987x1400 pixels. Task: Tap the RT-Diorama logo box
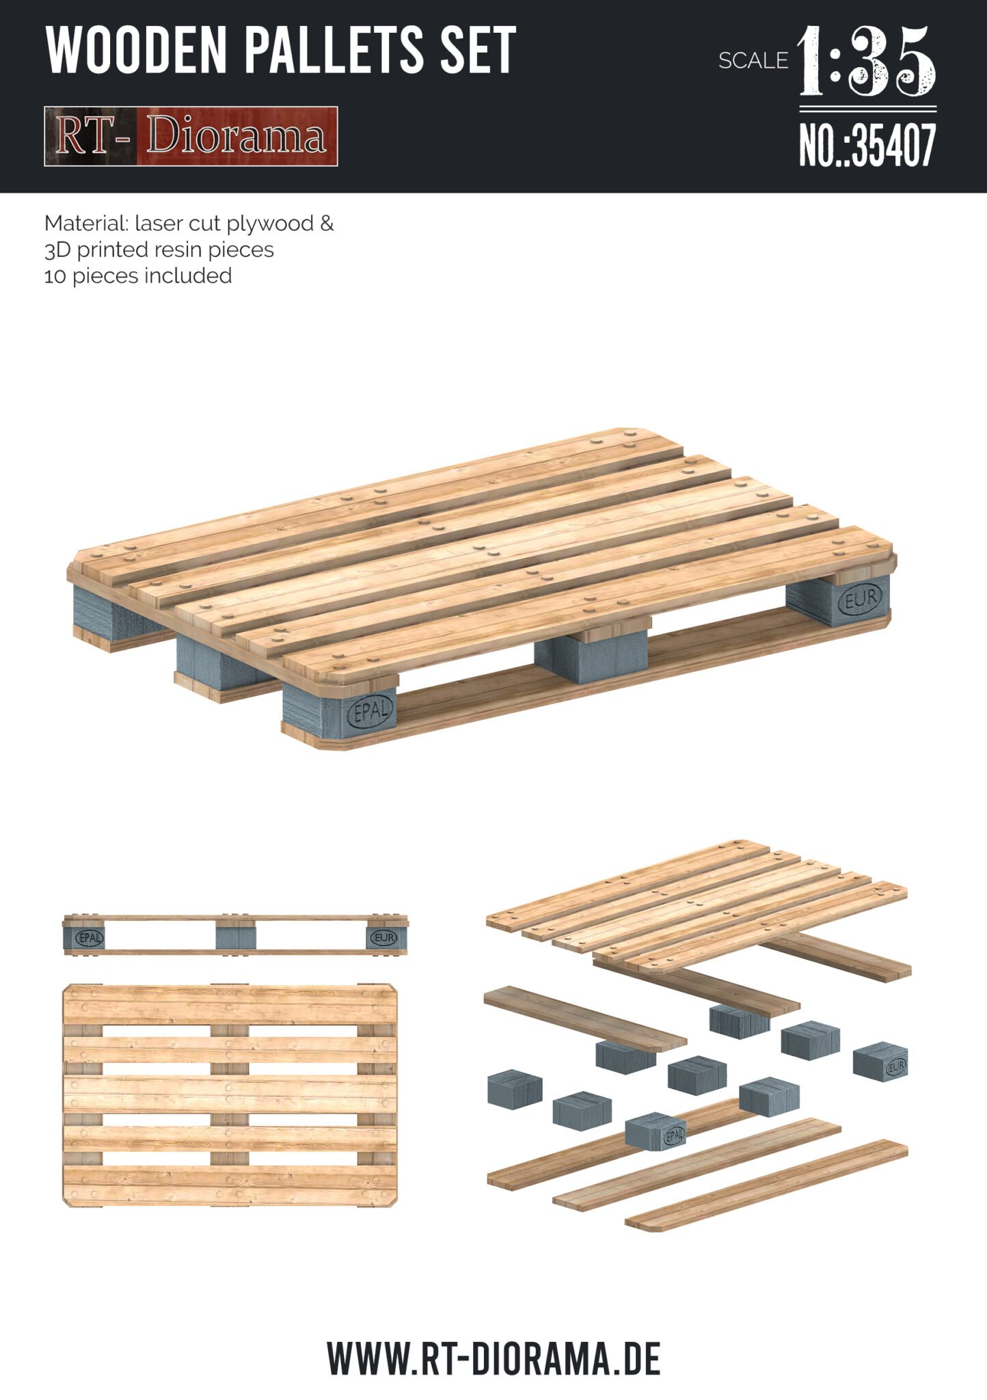coord(191,136)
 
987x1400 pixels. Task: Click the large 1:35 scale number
coord(867,62)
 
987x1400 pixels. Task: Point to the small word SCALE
coord(753,61)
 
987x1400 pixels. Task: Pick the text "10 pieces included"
coord(138,276)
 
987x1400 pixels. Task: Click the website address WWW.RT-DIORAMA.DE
coord(493,1360)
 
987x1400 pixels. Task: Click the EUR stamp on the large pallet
coord(861,600)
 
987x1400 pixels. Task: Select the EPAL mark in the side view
coord(90,938)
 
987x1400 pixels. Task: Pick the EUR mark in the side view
coord(383,938)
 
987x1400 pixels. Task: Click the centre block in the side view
coord(236,936)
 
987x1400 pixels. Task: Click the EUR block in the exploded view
coord(881,1062)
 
